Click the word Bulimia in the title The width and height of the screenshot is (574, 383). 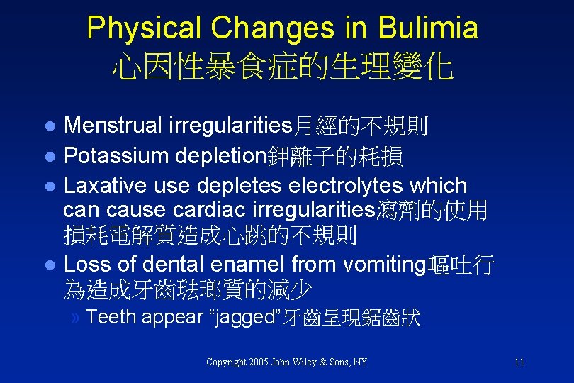click(x=428, y=28)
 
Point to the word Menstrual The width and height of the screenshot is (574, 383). click(x=113, y=126)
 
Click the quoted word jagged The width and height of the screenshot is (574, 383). click(x=240, y=318)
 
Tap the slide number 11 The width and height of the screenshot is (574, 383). click(x=519, y=362)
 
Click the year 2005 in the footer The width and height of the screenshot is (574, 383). click(x=264, y=362)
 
